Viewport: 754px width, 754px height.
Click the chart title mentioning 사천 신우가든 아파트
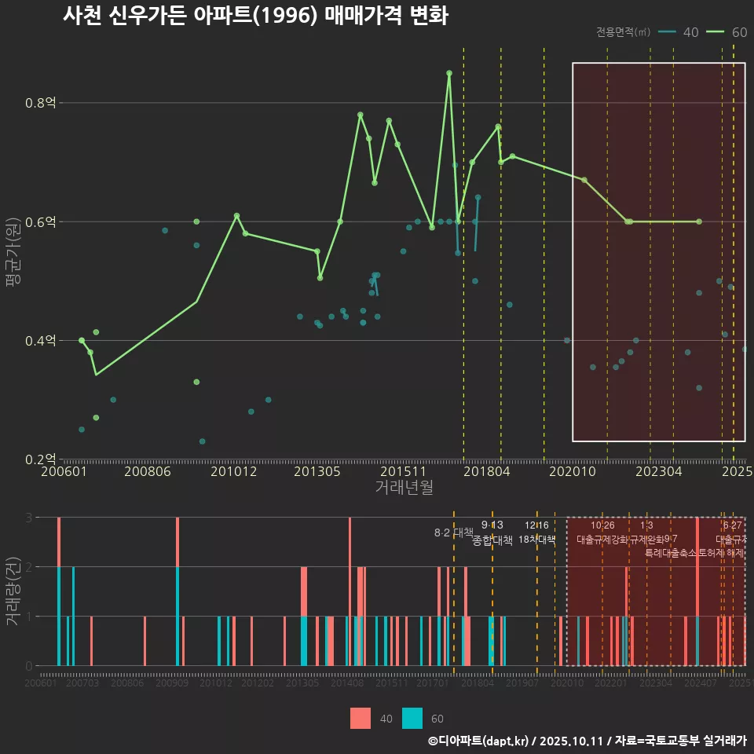pyautogui.click(x=255, y=16)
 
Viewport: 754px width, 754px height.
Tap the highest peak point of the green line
pyautogui.click(x=449, y=73)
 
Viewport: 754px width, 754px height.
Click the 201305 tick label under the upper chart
pyautogui.click(x=317, y=472)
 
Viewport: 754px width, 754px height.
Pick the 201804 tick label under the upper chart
pyautogui.click(x=485, y=472)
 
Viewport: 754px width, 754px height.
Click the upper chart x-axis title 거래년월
pyautogui.click(x=404, y=488)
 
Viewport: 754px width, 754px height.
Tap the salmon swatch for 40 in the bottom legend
pyautogui.click(x=360, y=718)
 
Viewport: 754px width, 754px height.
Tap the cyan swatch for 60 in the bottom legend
pyautogui.click(x=412, y=718)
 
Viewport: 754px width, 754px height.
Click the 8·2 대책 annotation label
pyautogui.click(x=454, y=533)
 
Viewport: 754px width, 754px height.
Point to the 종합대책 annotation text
pyautogui.click(x=492, y=540)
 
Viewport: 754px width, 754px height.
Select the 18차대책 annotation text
pyautogui.click(x=537, y=540)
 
